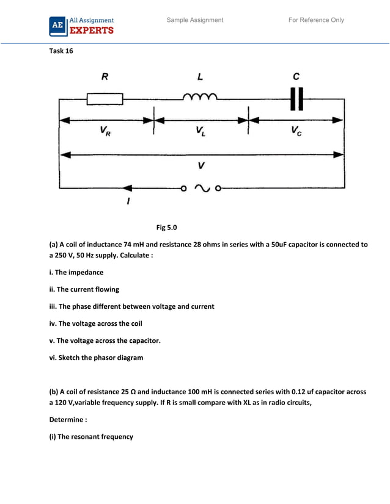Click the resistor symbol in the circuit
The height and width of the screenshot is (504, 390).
(x=105, y=99)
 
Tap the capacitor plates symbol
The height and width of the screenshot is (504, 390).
(x=296, y=98)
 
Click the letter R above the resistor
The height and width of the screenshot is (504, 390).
(x=105, y=77)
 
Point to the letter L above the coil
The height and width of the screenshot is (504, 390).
(x=200, y=77)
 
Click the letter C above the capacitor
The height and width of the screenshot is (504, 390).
(x=296, y=77)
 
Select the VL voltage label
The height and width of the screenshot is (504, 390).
(x=201, y=132)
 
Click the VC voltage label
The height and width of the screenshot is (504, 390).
(x=296, y=133)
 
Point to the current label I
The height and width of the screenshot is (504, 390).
(x=128, y=201)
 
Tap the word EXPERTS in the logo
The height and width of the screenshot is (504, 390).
(x=92, y=30)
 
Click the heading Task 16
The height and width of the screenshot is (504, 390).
(x=61, y=51)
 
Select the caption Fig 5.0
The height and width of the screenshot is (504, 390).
(x=166, y=228)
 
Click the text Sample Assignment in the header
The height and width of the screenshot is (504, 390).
(x=195, y=20)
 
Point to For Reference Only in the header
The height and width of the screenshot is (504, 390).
(x=316, y=20)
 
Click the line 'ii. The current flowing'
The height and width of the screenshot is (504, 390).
(x=84, y=289)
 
